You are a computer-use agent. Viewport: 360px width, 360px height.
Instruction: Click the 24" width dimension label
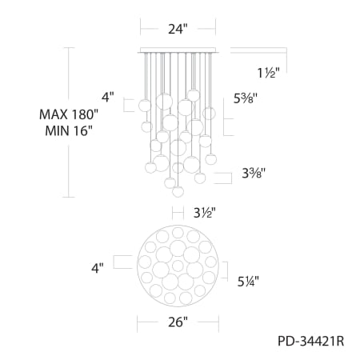[178, 29]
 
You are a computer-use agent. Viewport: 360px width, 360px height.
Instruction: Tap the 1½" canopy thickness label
[269, 73]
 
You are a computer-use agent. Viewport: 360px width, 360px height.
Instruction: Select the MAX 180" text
[69, 114]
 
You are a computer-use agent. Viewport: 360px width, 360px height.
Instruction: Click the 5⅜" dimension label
[246, 98]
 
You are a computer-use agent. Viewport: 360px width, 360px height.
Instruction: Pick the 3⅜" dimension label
[254, 174]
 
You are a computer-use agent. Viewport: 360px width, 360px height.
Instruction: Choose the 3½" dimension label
[204, 213]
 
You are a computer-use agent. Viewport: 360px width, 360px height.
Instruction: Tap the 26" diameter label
[178, 322]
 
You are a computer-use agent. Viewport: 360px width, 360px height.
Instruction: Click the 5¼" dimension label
[248, 282]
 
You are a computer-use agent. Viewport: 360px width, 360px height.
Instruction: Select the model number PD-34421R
[311, 341]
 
